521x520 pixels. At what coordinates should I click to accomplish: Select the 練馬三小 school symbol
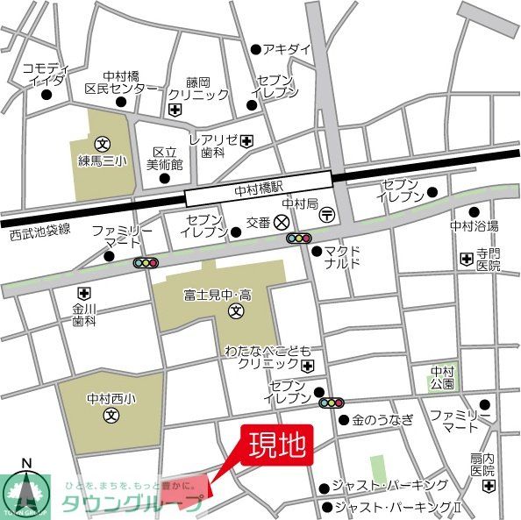coord(103,143)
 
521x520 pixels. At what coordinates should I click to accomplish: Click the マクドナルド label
coord(341,256)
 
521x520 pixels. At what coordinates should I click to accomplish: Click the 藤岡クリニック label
coord(199,87)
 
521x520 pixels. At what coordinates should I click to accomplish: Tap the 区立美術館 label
coord(165,158)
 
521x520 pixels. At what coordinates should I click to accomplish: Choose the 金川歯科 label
coord(84,315)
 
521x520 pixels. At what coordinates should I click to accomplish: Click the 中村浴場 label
coord(474,225)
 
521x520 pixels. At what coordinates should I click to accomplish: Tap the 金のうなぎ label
coord(382,420)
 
